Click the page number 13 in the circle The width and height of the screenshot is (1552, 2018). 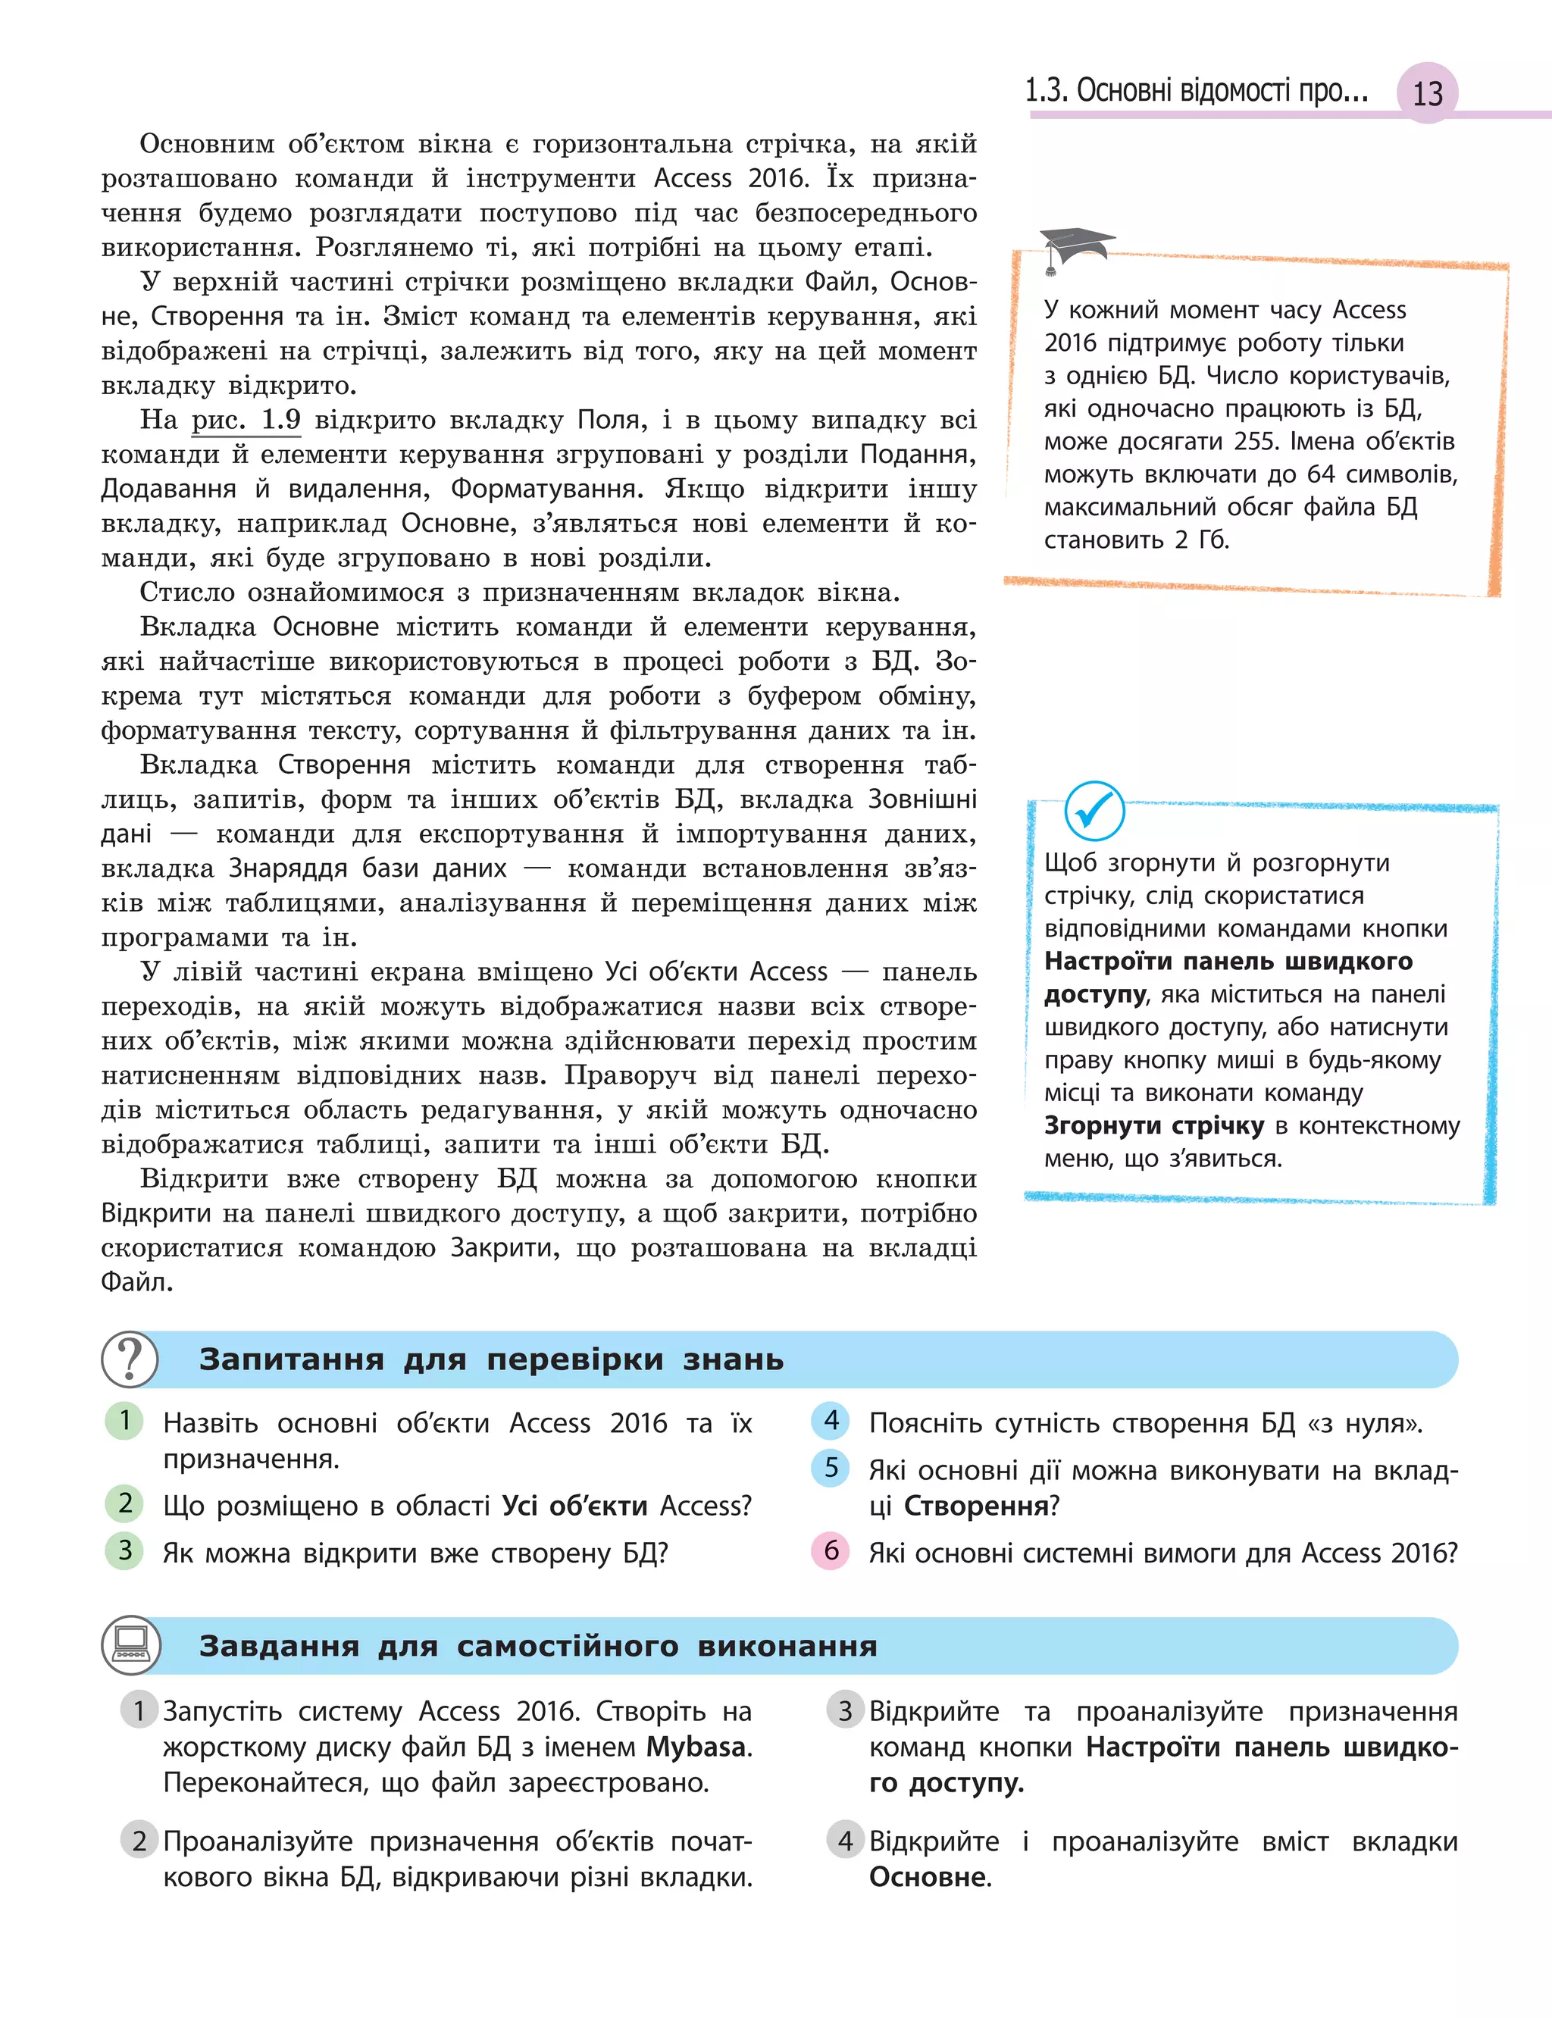[x=1427, y=92]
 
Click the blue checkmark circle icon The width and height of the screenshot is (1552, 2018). [x=1094, y=811]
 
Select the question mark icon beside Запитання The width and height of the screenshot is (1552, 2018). [x=130, y=1359]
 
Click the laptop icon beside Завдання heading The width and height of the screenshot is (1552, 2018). [x=130, y=1645]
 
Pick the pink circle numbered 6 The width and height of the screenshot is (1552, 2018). [x=831, y=1550]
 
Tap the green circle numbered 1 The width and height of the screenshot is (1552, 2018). [x=125, y=1420]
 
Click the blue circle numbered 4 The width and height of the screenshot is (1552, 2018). [x=831, y=1420]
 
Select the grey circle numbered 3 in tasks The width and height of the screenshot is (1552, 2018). [x=844, y=1710]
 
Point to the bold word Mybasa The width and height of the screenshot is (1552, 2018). [x=696, y=1747]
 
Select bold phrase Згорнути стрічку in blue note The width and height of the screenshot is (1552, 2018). [x=1154, y=1126]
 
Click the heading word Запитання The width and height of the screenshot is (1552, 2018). [x=291, y=1359]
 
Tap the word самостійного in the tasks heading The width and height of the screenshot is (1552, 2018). [x=567, y=1646]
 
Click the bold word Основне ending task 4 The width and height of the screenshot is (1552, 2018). [x=928, y=1877]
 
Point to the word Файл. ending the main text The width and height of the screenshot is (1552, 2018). [x=136, y=1282]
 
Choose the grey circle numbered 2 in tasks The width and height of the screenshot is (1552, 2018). [x=139, y=1841]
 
